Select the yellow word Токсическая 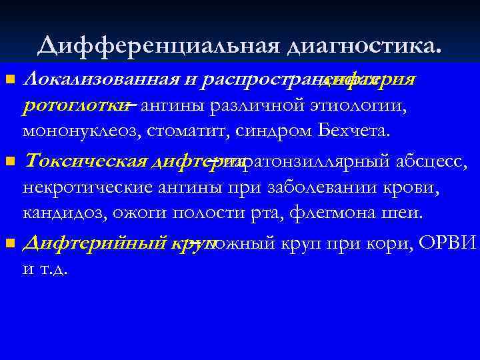[85, 162]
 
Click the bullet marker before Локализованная [9, 81]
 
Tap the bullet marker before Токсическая [9, 162]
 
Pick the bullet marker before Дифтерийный [9, 243]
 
